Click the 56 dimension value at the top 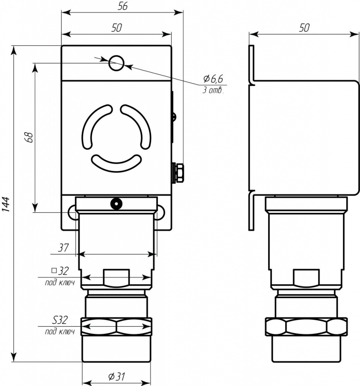coord(123,6)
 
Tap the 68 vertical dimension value coord(29,137)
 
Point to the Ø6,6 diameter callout coord(213,79)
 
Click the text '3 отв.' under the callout coord(213,90)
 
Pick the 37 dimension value coord(63,248)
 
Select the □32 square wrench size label coord(60,271)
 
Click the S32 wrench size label coord(60,320)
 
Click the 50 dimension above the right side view coord(304,28)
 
